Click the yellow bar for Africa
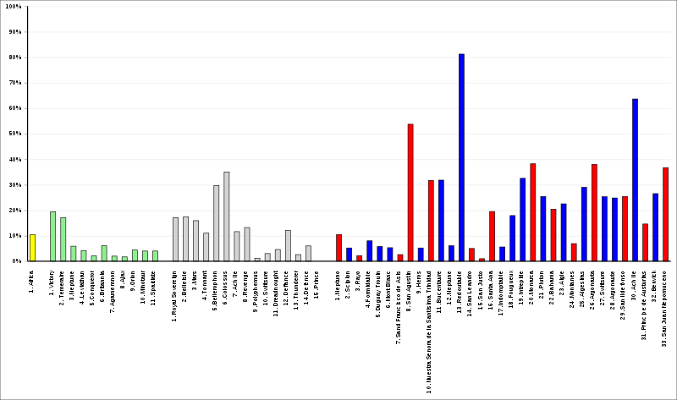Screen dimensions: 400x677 32,247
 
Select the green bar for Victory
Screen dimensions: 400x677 52,236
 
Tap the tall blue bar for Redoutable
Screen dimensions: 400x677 461,157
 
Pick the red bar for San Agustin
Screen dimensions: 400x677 410,192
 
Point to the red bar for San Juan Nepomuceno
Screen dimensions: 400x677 665,214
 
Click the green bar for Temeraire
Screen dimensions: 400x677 63,238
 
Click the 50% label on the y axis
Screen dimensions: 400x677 14,134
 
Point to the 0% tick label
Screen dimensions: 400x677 16,261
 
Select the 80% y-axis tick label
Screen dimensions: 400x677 14,58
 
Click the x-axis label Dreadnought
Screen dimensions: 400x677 278,284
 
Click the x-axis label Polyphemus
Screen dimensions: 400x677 257,283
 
